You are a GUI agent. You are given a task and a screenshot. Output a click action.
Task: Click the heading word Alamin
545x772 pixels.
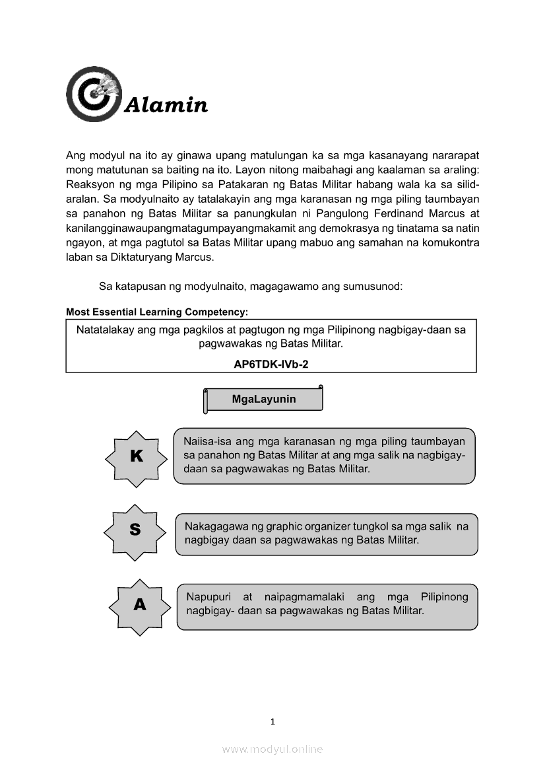click(x=166, y=105)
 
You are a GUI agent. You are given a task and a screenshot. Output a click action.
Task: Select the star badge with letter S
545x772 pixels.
click(x=135, y=530)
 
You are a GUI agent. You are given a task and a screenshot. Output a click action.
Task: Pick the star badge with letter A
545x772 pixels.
click(x=139, y=604)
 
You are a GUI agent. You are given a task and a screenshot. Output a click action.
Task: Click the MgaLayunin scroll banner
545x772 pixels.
click(x=264, y=400)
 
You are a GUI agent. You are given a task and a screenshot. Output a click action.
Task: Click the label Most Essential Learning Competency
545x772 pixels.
click(x=157, y=311)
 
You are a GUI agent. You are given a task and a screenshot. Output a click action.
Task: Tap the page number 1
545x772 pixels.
click(x=272, y=722)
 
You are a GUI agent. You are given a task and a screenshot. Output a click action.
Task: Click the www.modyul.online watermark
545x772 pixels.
click(x=272, y=749)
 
